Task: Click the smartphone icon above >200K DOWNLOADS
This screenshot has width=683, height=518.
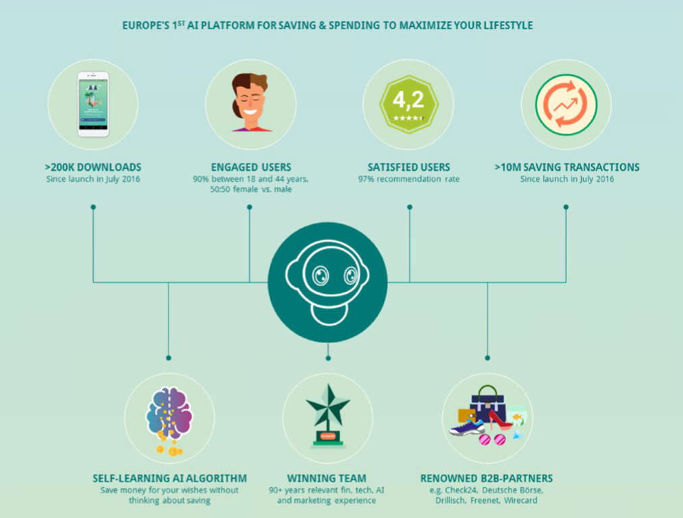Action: [93, 105]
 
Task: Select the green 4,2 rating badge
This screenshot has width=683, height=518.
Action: [408, 105]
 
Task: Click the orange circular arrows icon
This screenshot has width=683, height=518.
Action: [566, 105]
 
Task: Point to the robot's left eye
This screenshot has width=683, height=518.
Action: [321, 276]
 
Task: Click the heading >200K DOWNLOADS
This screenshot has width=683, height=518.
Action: [92, 167]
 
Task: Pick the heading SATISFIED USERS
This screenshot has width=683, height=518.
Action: [408, 167]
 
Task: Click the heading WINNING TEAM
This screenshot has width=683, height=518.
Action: [327, 478]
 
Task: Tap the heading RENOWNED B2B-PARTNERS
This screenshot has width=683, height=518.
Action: [487, 478]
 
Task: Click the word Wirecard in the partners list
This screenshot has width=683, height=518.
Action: [520, 500]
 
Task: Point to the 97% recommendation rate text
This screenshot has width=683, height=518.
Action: [408, 179]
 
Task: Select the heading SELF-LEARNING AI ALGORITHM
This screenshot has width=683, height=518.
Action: [169, 478]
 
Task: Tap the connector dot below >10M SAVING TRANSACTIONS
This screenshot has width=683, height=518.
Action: [566, 207]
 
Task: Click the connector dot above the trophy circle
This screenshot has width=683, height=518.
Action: [328, 358]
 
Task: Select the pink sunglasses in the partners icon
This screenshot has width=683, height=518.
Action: [492, 440]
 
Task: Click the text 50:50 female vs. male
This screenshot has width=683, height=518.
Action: [251, 190]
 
